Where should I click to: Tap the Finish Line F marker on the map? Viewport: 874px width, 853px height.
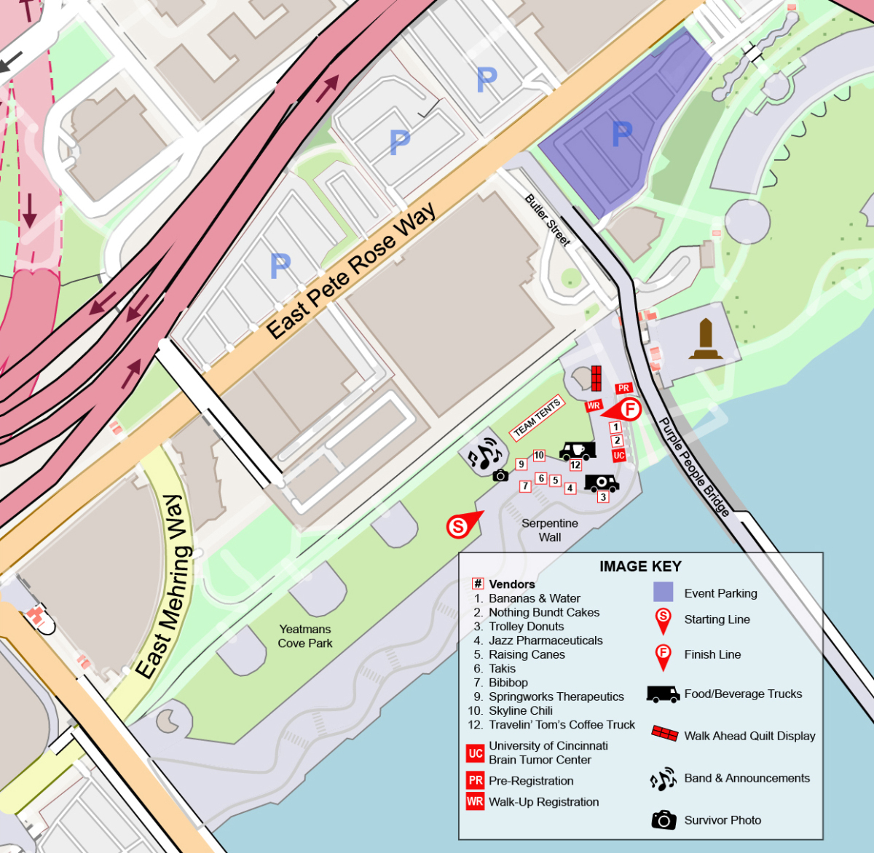click(x=629, y=409)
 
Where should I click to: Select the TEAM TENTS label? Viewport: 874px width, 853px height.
click(x=537, y=418)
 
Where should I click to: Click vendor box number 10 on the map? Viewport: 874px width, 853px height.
click(x=539, y=456)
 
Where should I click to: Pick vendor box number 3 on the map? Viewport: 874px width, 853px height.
click(x=603, y=497)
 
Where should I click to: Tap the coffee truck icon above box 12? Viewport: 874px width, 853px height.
click(x=577, y=451)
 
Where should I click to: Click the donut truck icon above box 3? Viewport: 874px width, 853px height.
click(x=602, y=483)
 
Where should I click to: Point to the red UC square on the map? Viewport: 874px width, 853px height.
click(x=618, y=456)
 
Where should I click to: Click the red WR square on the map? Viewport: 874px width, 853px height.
click(x=594, y=405)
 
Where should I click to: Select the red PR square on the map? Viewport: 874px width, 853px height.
click(x=623, y=388)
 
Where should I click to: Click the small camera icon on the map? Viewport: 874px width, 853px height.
click(x=500, y=475)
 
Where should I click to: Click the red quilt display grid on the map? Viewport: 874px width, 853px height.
click(x=596, y=378)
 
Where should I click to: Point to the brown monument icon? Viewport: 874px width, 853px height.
click(x=706, y=339)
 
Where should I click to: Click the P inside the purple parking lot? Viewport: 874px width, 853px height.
click(x=622, y=133)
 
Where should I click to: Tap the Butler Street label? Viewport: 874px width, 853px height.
click(x=548, y=220)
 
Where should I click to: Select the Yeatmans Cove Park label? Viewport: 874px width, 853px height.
click(x=305, y=636)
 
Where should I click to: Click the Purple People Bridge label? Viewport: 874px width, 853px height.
click(x=694, y=467)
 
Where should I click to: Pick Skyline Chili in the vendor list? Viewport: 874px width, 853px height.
click(x=520, y=710)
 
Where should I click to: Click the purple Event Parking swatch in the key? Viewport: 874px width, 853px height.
click(x=663, y=592)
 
